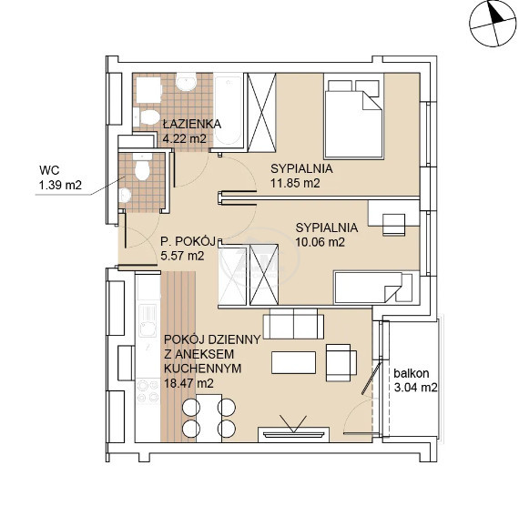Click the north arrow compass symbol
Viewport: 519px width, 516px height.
[x=493, y=24]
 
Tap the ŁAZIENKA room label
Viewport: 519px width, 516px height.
[x=192, y=124]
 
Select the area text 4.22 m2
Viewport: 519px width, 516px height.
[x=184, y=138]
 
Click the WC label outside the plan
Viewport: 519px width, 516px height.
[x=49, y=170]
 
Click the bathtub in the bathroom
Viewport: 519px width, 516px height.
[x=228, y=110]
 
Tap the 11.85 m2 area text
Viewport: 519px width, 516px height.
[x=295, y=183]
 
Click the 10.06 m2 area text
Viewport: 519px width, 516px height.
[x=321, y=242]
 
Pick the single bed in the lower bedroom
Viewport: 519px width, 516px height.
[x=373, y=287]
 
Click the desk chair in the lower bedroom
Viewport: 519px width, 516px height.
[x=394, y=225]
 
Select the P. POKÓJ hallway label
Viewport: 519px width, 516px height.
[x=188, y=241]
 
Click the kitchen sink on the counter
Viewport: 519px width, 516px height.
[x=148, y=320]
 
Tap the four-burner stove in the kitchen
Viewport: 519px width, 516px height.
[x=148, y=391]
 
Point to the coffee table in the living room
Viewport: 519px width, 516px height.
[x=293, y=362]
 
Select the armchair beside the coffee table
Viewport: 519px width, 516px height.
[x=341, y=362]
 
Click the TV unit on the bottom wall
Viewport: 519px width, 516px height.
[x=293, y=434]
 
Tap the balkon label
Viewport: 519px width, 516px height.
[x=411, y=373]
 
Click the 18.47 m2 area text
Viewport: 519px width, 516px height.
[x=188, y=383]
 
